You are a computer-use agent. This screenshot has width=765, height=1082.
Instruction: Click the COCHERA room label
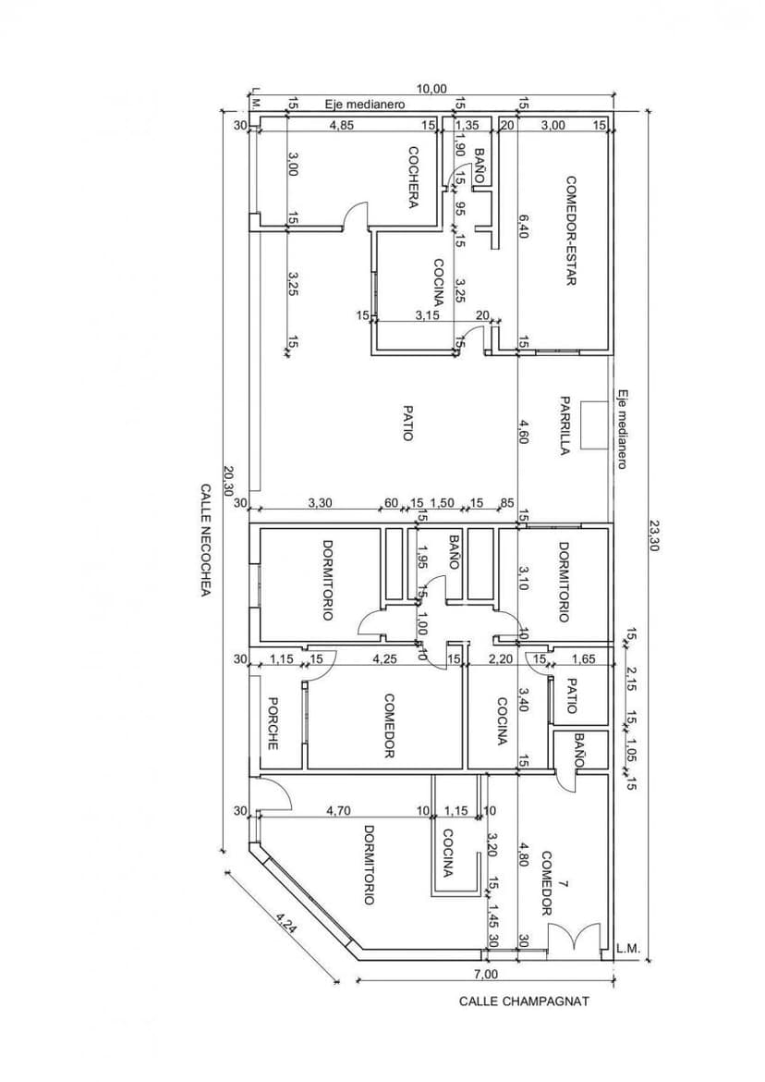point(414,177)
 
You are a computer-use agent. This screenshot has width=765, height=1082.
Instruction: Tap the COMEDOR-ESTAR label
point(571,230)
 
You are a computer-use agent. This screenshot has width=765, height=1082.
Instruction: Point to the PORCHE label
point(273,723)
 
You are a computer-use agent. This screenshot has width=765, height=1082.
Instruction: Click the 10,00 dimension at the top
point(432,89)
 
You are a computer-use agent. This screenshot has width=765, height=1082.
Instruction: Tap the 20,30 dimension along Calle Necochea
point(229,479)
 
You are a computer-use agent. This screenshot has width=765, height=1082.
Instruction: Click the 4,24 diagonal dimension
point(285,922)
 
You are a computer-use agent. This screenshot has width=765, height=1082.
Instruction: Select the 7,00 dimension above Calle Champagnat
point(485,975)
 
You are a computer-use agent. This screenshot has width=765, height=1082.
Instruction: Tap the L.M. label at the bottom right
point(628,949)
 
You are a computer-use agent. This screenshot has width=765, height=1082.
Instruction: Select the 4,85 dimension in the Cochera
point(342,126)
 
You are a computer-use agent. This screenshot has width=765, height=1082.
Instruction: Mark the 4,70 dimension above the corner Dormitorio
point(338,811)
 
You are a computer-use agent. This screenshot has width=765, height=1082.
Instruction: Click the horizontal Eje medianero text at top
point(365,105)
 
